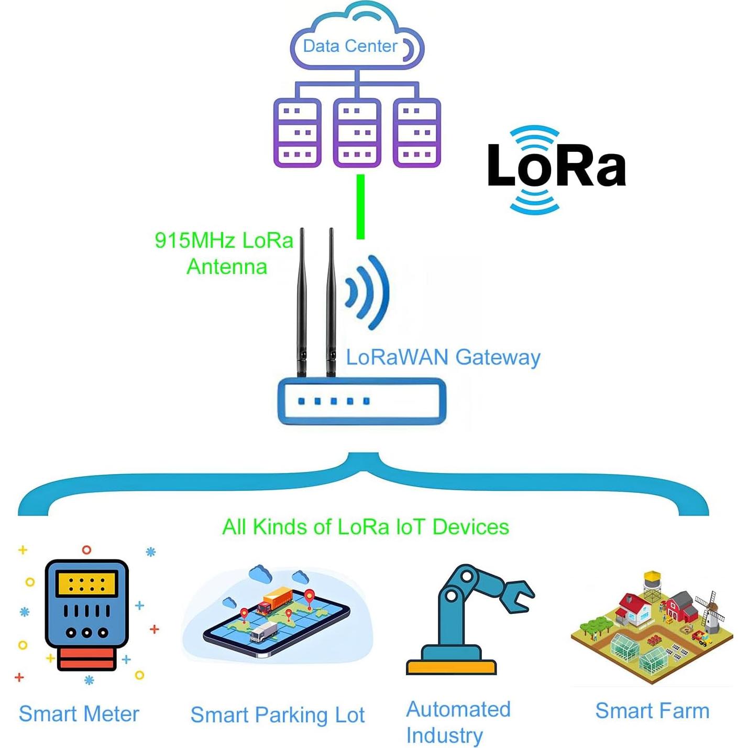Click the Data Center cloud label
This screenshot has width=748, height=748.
point(350,46)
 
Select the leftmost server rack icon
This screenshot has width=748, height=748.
point(297,133)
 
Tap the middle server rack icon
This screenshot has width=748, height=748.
point(357,133)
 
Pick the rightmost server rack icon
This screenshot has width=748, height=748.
point(417,133)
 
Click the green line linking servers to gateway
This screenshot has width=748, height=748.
point(360,207)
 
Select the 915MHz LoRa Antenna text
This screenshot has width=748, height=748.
point(224,253)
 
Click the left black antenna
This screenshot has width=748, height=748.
point(302,304)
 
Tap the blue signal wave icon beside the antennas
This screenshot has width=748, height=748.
point(369,292)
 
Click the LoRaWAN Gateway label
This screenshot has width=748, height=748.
point(443,357)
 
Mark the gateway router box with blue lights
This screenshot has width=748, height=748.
point(361,401)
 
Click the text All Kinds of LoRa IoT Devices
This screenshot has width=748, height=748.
point(365,527)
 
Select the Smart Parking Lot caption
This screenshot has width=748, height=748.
point(277,715)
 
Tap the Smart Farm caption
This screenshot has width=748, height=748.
point(652,711)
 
